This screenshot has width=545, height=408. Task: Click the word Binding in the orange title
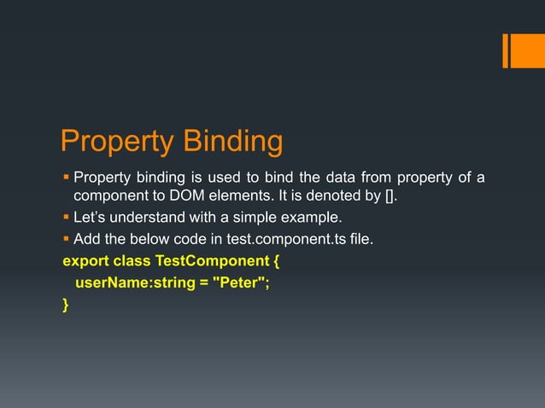click(227, 143)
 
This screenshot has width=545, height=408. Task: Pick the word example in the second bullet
click(310, 217)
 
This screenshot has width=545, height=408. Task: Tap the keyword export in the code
click(85, 260)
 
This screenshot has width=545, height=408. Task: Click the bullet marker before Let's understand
click(66, 218)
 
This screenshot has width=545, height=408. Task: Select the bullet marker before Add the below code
click(66, 240)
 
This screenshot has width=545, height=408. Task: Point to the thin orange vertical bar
click(505, 50)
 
